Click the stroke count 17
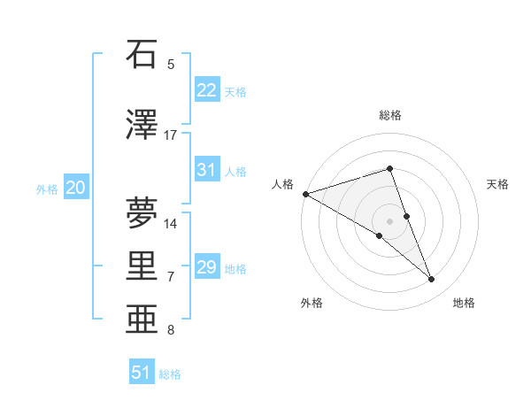(171, 135)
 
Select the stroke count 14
(171, 223)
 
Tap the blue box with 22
(206, 90)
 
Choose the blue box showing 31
(206, 171)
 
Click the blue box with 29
(206, 267)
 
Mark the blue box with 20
(76, 188)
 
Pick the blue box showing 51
(142, 373)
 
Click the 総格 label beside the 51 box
(170, 374)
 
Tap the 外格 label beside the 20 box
(47, 189)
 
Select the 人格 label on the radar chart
(282, 184)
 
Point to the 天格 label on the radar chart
(498, 184)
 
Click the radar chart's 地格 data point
(432, 280)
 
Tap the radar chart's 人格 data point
(305, 194)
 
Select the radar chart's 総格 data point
(389, 168)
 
